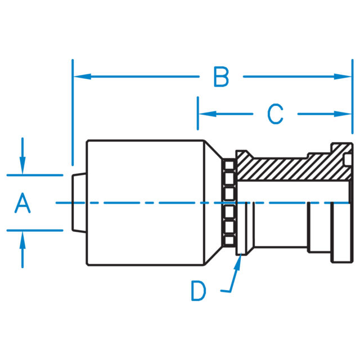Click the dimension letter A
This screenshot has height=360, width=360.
click(22, 203)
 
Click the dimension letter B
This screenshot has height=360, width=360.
click(221, 77)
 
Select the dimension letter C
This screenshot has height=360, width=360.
click(274, 114)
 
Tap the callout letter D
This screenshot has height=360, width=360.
click(198, 291)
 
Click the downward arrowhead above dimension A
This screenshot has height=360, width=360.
click(22, 168)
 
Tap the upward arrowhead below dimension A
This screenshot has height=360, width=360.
click(22, 237)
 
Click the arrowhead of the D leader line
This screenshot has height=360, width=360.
click(240, 261)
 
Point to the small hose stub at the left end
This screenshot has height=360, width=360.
click(79, 202)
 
